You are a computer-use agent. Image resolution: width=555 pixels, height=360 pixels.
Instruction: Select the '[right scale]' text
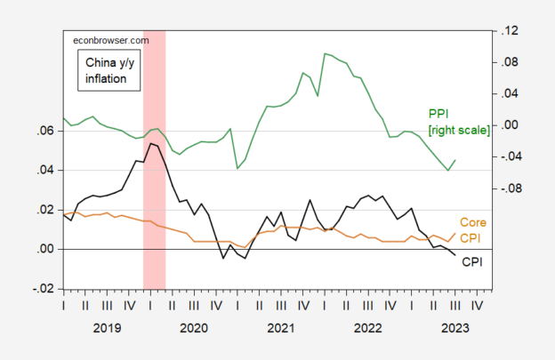click(458, 130)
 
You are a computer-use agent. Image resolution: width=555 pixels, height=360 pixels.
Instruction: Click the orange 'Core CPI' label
click(472, 229)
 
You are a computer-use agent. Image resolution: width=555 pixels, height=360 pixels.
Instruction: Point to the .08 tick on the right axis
click(509, 62)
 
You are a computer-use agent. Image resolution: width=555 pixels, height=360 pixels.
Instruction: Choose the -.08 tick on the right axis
click(507, 188)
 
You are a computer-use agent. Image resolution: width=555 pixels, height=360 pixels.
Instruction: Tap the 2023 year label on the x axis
click(451, 327)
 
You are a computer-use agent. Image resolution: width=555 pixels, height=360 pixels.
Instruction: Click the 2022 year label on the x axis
click(366, 327)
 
